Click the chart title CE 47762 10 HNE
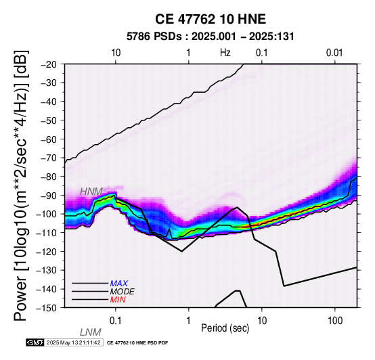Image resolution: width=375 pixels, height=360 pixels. click(211, 19)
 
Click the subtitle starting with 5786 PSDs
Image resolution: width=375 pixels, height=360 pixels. click(211, 37)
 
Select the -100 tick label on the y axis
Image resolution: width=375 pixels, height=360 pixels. click(47, 214)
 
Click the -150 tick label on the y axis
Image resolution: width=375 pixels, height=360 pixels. click(47, 308)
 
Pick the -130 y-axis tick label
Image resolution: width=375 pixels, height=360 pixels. click(47, 270)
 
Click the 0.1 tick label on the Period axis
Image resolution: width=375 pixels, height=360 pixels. click(116, 321)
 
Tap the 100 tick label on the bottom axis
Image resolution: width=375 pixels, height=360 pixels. click(335, 321)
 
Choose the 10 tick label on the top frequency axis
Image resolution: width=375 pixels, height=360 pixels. click(116, 53)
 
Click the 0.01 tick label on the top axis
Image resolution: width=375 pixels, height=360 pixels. click(334, 53)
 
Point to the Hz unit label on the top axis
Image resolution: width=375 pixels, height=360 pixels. click(225, 53)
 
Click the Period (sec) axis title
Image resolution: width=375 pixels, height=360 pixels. click(225, 328)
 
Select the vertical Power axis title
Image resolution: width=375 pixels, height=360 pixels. click(21, 185)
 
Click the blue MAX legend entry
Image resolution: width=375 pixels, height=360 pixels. click(119, 284)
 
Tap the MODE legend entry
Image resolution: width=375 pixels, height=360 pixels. click(123, 292)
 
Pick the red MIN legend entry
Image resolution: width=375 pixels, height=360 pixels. click(118, 300)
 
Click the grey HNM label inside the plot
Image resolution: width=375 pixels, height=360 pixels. click(91, 192)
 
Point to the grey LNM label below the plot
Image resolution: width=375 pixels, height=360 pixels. click(91, 332)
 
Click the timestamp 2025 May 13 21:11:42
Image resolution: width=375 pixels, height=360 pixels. click(73, 343)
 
